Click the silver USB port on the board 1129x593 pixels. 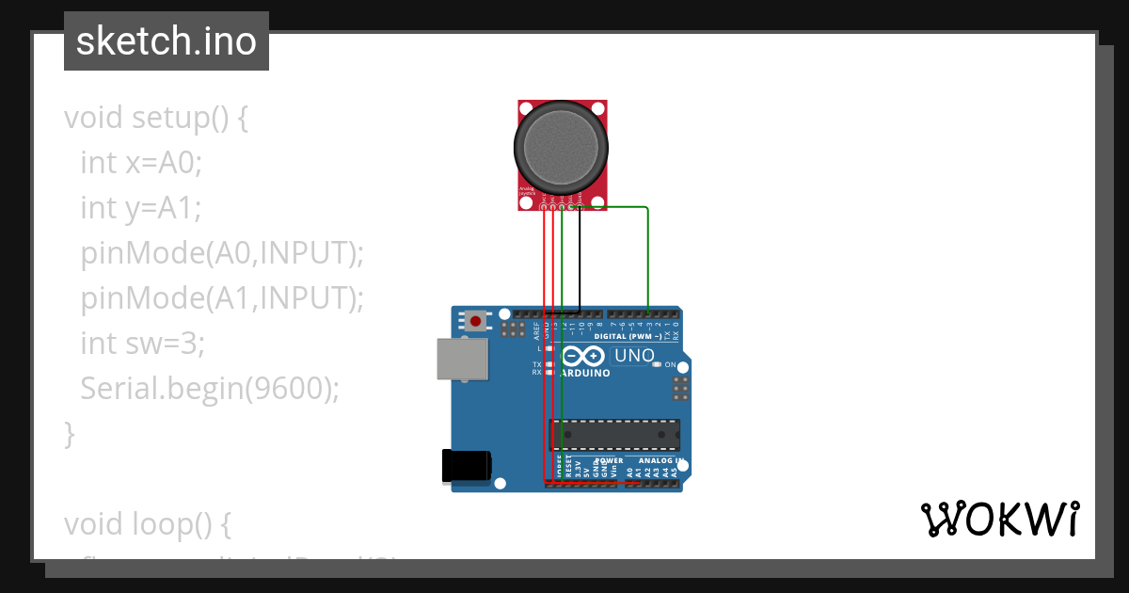[x=463, y=360]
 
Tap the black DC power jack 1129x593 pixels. [x=467, y=466]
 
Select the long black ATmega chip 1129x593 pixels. [x=614, y=433]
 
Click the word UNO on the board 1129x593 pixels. [x=633, y=356]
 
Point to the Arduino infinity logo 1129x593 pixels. [x=584, y=357]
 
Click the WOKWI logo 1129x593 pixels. [x=999, y=519]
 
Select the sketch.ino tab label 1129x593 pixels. [x=167, y=41]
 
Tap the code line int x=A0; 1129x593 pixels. [x=141, y=163]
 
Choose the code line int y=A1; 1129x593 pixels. [x=141, y=207]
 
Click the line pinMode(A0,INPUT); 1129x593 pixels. [x=221, y=252]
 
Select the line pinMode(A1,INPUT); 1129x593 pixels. [x=221, y=297]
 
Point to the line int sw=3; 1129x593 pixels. [x=142, y=343]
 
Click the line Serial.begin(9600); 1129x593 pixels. [x=209, y=388]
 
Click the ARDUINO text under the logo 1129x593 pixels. [x=584, y=373]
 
